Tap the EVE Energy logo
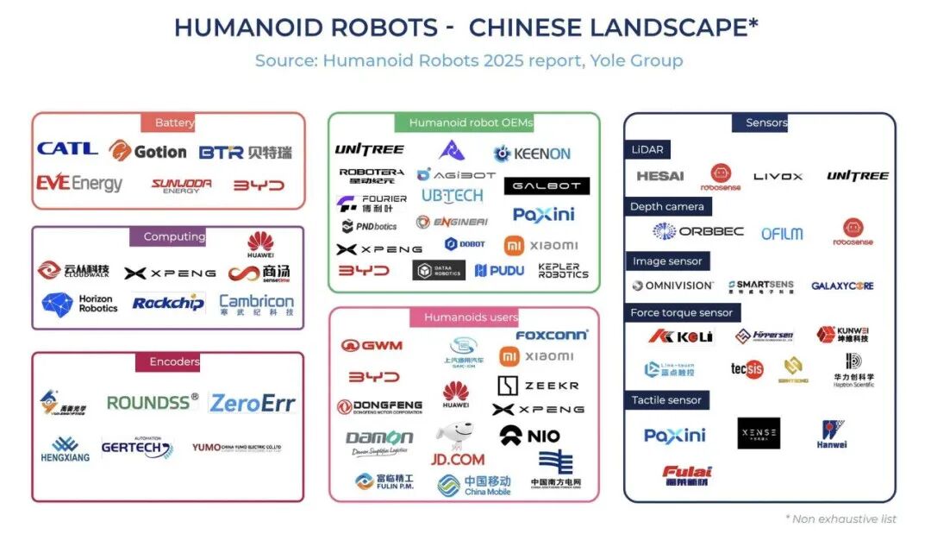pyautogui.click(x=79, y=184)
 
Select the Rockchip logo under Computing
pyautogui.click(x=168, y=303)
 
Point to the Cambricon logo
pyautogui.click(x=256, y=303)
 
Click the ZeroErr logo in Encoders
pyautogui.click(x=253, y=402)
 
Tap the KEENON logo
pyautogui.click(x=532, y=154)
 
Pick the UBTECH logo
pyautogui.click(x=452, y=196)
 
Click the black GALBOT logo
pyautogui.click(x=547, y=185)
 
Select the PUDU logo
pyautogui.click(x=499, y=271)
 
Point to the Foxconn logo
pyautogui.click(x=552, y=335)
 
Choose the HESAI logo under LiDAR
pyautogui.click(x=660, y=176)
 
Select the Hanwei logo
pyautogui.click(x=832, y=434)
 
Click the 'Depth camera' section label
pyautogui.click(x=666, y=207)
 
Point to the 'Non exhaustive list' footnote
pyautogui.click(x=840, y=518)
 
